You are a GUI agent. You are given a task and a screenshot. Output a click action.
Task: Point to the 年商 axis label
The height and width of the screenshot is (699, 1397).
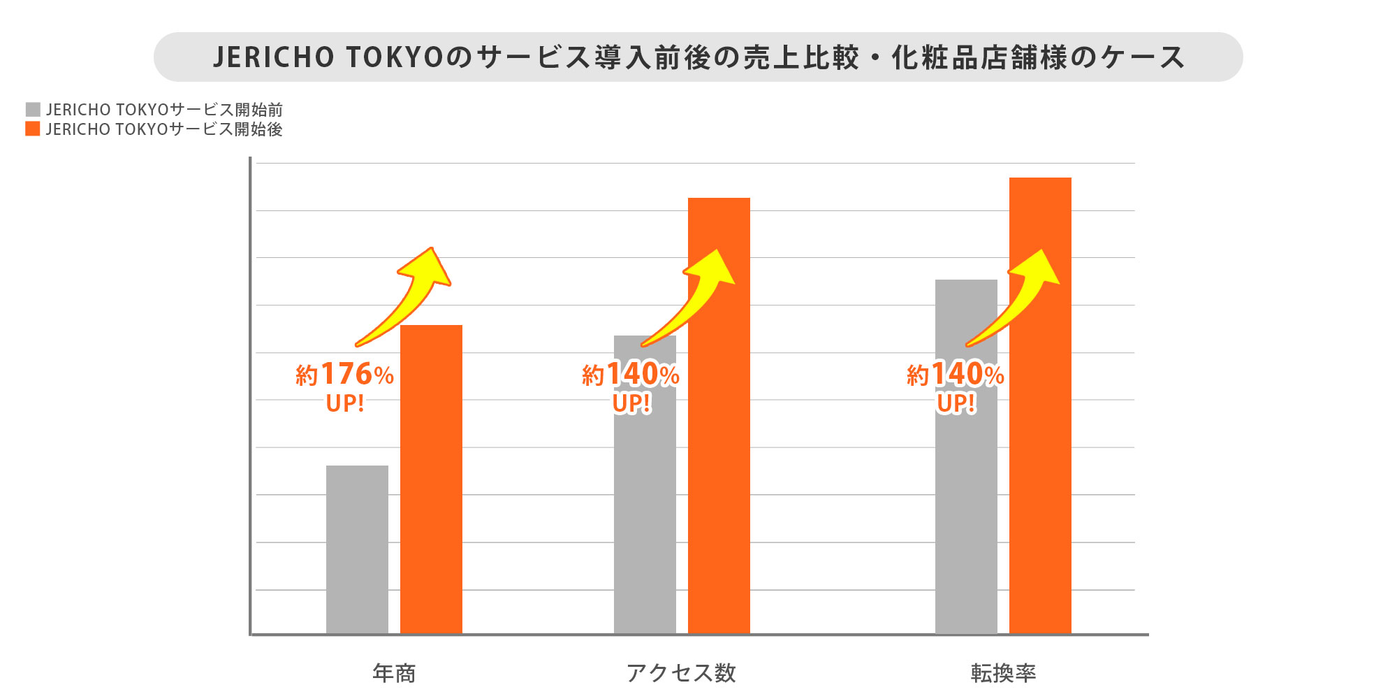click(x=394, y=673)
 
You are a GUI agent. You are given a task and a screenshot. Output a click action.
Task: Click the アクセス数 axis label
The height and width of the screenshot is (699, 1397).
click(x=681, y=673)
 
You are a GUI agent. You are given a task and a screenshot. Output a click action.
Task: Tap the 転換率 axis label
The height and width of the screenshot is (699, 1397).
click(x=1003, y=673)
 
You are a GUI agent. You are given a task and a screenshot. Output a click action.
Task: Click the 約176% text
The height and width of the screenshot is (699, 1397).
click(x=344, y=375)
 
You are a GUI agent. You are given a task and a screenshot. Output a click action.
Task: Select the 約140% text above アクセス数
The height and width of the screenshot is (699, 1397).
click(x=631, y=375)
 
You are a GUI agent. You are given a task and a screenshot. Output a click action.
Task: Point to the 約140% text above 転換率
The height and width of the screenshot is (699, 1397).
click(x=956, y=375)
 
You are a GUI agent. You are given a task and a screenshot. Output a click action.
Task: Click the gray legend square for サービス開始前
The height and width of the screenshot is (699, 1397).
click(x=33, y=110)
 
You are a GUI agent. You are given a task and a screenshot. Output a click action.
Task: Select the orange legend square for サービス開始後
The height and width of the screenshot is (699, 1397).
click(x=33, y=129)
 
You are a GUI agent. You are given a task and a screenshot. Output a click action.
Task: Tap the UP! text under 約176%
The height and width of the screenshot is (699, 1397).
click(x=345, y=404)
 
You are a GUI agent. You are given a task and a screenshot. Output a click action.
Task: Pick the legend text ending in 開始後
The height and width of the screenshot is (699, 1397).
click(x=164, y=129)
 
